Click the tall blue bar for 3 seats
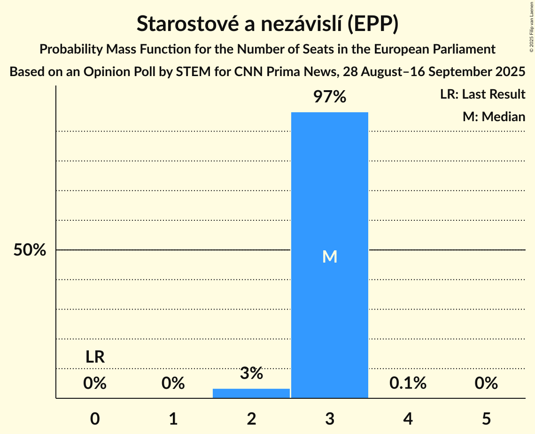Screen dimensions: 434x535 330,188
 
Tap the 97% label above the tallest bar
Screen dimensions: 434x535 330,97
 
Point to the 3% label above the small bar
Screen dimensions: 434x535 251,373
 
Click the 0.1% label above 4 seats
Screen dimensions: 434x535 408,383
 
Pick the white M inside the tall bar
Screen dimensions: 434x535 330,256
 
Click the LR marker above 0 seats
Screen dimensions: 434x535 95,357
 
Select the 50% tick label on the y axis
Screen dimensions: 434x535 30,250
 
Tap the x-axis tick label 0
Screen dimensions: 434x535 95,418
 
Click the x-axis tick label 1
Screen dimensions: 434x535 173,418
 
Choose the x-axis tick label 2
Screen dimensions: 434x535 251,418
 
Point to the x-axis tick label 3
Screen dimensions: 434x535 330,418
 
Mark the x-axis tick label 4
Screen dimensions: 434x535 408,418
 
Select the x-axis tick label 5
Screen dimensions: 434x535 486,418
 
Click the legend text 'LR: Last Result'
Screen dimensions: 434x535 482,94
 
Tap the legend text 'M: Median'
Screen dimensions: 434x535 494,116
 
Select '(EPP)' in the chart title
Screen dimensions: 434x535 373,24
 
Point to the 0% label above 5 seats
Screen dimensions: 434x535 486,383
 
